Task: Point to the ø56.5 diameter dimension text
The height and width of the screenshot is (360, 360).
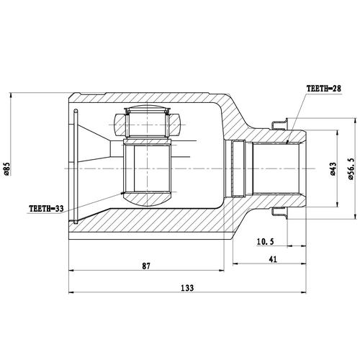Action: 351,168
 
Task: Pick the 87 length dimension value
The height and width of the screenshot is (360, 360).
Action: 147,266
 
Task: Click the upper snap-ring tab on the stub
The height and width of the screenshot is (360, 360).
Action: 281,125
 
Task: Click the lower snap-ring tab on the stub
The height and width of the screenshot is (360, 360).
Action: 281,212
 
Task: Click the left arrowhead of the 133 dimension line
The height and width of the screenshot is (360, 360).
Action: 71,292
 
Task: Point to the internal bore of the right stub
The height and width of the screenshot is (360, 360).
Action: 277,168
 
